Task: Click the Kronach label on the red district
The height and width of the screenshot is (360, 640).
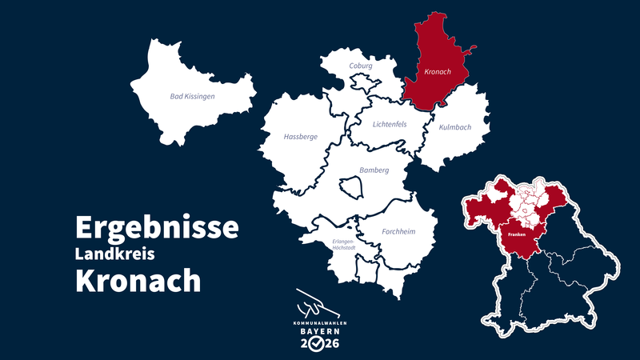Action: pyautogui.click(x=437, y=73)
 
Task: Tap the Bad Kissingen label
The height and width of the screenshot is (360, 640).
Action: pyautogui.click(x=193, y=97)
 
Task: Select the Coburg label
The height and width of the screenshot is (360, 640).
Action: pyautogui.click(x=362, y=66)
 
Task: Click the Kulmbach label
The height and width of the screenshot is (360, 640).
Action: pyautogui.click(x=454, y=127)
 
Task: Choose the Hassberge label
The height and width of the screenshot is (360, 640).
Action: pyautogui.click(x=301, y=137)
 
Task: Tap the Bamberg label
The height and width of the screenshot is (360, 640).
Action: pyautogui.click(x=374, y=170)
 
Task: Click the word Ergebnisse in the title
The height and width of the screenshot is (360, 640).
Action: pyautogui.click(x=157, y=227)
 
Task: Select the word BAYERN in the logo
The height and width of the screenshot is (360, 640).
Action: pyautogui.click(x=318, y=330)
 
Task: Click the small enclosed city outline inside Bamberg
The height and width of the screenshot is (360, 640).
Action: pyautogui.click(x=351, y=187)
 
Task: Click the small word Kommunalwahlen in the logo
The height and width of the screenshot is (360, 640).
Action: pyautogui.click(x=318, y=322)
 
